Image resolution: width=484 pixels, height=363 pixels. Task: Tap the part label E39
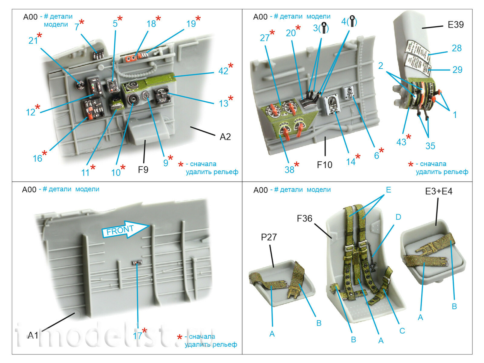point(456,25)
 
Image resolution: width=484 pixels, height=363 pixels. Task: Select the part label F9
point(143,170)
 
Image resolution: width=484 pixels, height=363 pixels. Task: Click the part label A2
point(225,137)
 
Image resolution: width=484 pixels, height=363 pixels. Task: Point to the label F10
point(324,165)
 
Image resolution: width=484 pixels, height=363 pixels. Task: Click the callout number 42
point(223,71)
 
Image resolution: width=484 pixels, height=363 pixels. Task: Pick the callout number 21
point(33,41)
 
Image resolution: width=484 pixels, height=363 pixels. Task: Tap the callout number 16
point(38,158)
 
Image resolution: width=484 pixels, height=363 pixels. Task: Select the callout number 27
point(265,38)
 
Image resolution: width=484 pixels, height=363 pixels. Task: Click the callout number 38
point(289,170)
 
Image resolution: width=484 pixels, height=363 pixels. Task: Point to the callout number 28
point(456,48)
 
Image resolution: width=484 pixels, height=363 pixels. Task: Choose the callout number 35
point(430,146)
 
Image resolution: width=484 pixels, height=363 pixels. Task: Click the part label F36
point(304,218)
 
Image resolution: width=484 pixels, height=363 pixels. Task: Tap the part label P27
point(269,237)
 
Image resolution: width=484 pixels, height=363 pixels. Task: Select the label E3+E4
point(439,191)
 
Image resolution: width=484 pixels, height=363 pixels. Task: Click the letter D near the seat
point(398,217)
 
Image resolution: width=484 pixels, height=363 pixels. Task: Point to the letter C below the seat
point(402,331)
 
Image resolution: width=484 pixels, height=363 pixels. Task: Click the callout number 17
point(137,335)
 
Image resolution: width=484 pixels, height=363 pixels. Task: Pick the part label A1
point(33,335)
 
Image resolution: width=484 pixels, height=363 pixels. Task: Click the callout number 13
point(224,103)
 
